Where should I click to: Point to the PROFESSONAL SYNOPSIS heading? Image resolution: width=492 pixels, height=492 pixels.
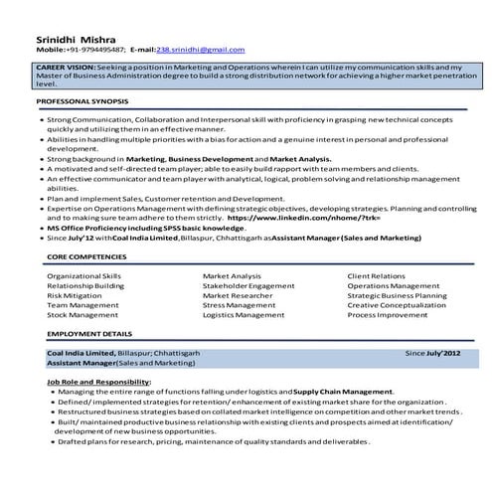(85, 102)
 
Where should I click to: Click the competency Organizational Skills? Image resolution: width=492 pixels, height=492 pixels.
(84, 274)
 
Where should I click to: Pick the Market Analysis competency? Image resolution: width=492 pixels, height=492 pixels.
(232, 274)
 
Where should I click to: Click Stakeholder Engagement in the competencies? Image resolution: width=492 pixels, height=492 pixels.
(248, 284)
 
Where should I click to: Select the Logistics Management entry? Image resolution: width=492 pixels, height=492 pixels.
(245, 314)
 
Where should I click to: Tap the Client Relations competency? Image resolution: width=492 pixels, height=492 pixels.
(376, 274)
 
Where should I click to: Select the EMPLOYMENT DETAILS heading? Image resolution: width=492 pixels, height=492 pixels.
(89, 334)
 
